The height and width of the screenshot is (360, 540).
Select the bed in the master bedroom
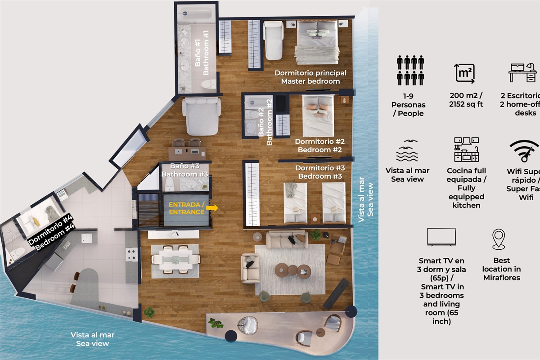[x=317, y=40]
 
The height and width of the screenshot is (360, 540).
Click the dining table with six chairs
[x=175, y=260]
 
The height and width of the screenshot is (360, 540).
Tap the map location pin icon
[x=499, y=239]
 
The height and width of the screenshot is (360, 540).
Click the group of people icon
[x=410, y=71]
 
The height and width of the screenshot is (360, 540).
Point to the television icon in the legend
[x=441, y=237]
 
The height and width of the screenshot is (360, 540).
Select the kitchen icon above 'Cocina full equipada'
[x=466, y=150]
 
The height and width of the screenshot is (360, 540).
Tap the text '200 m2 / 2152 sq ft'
[x=467, y=100]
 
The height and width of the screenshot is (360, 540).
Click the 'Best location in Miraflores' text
[x=502, y=269]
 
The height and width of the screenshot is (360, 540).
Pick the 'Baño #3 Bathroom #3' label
[x=184, y=170]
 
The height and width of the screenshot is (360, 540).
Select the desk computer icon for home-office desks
[x=522, y=72]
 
